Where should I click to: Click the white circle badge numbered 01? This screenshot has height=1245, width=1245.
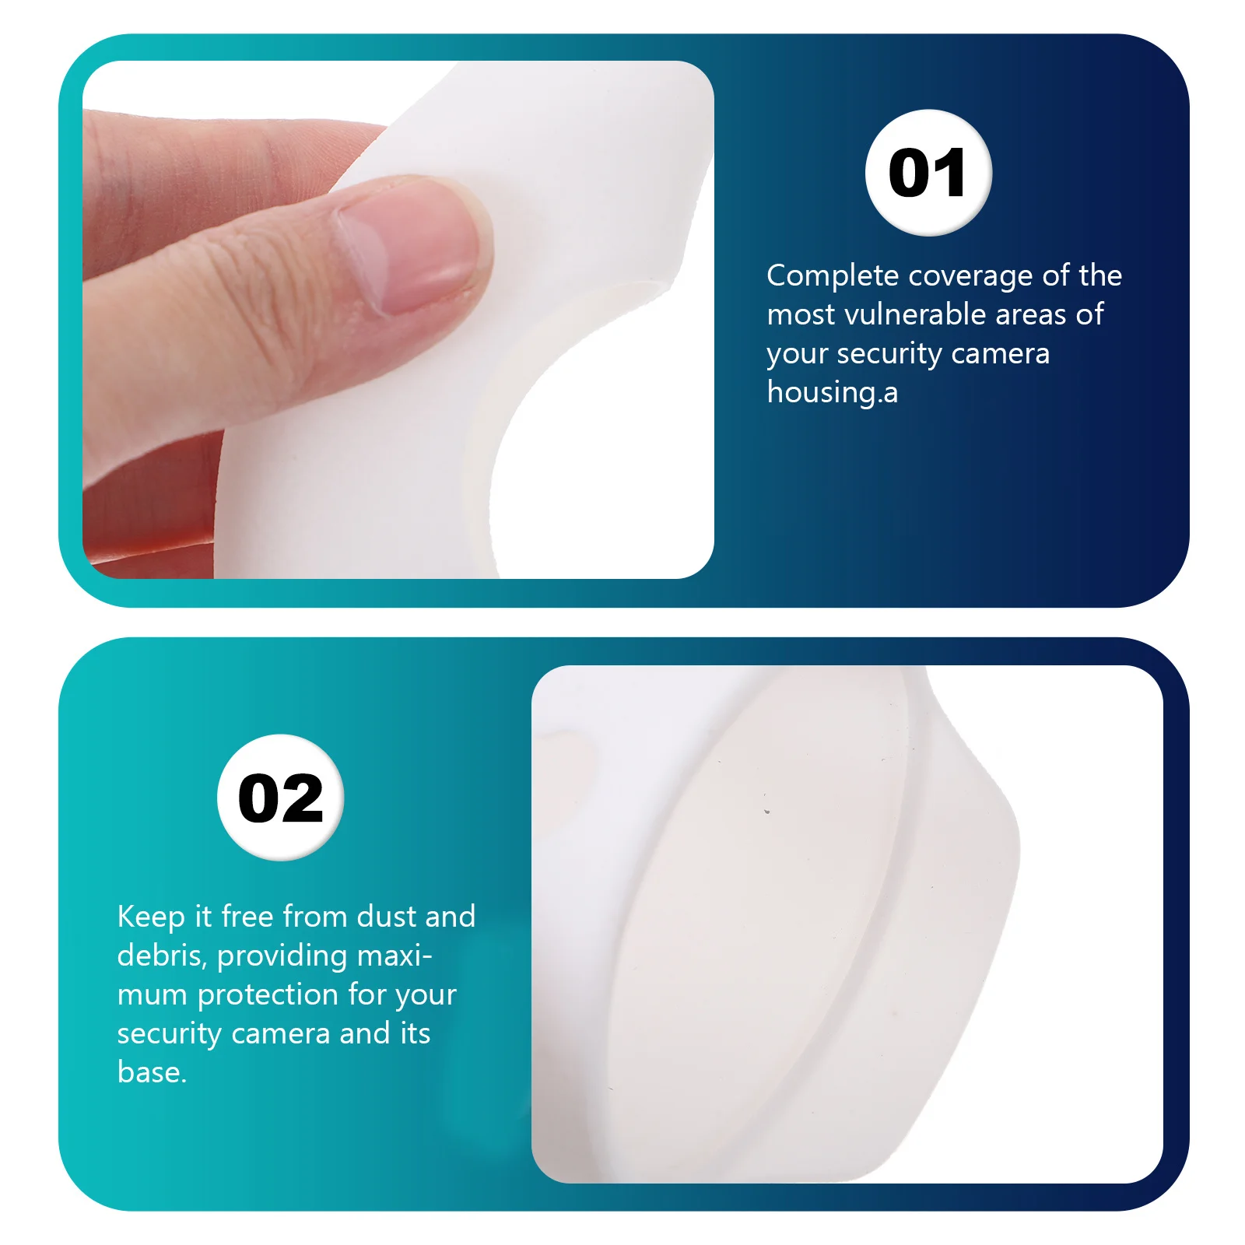tap(928, 173)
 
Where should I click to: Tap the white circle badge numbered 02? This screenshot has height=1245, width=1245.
tap(280, 798)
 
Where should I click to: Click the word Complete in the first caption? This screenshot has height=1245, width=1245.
tap(833, 276)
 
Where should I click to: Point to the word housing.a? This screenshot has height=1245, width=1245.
tap(832, 393)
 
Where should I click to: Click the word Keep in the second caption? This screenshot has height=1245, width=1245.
tap(151, 917)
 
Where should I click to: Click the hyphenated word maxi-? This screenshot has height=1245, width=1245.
tap(394, 956)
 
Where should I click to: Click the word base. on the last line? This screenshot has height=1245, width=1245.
tap(152, 1072)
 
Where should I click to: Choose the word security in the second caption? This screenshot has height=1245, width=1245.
tap(170, 1034)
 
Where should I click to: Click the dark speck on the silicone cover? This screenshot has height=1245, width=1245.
tap(766, 811)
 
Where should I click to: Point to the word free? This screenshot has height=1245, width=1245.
tap(246, 917)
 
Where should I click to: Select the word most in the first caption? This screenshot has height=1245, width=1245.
tap(801, 314)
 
